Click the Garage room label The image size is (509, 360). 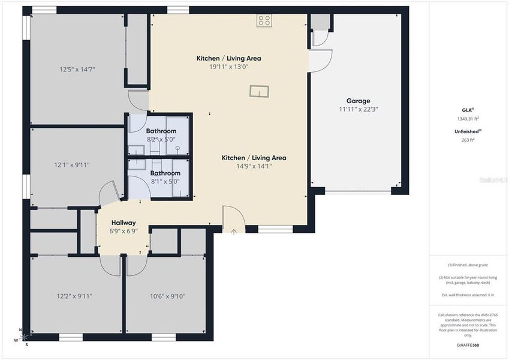[x=358, y=101]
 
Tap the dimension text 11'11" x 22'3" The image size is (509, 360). [x=358, y=109]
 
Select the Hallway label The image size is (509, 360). [x=123, y=223]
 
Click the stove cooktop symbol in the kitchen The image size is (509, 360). [x=264, y=21]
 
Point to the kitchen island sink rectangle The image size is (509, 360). [x=260, y=91]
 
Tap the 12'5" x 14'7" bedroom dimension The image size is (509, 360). [x=77, y=70]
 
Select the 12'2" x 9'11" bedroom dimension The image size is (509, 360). [x=74, y=296]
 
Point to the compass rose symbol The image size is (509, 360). [x=23, y=337]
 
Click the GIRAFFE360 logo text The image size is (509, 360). [x=467, y=345]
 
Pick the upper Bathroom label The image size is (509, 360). [x=161, y=131]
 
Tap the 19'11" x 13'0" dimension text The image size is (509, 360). [x=237, y=67]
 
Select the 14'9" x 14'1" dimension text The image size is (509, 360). [x=254, y=166]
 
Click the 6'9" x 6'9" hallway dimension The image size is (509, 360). [x=123, y=231]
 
